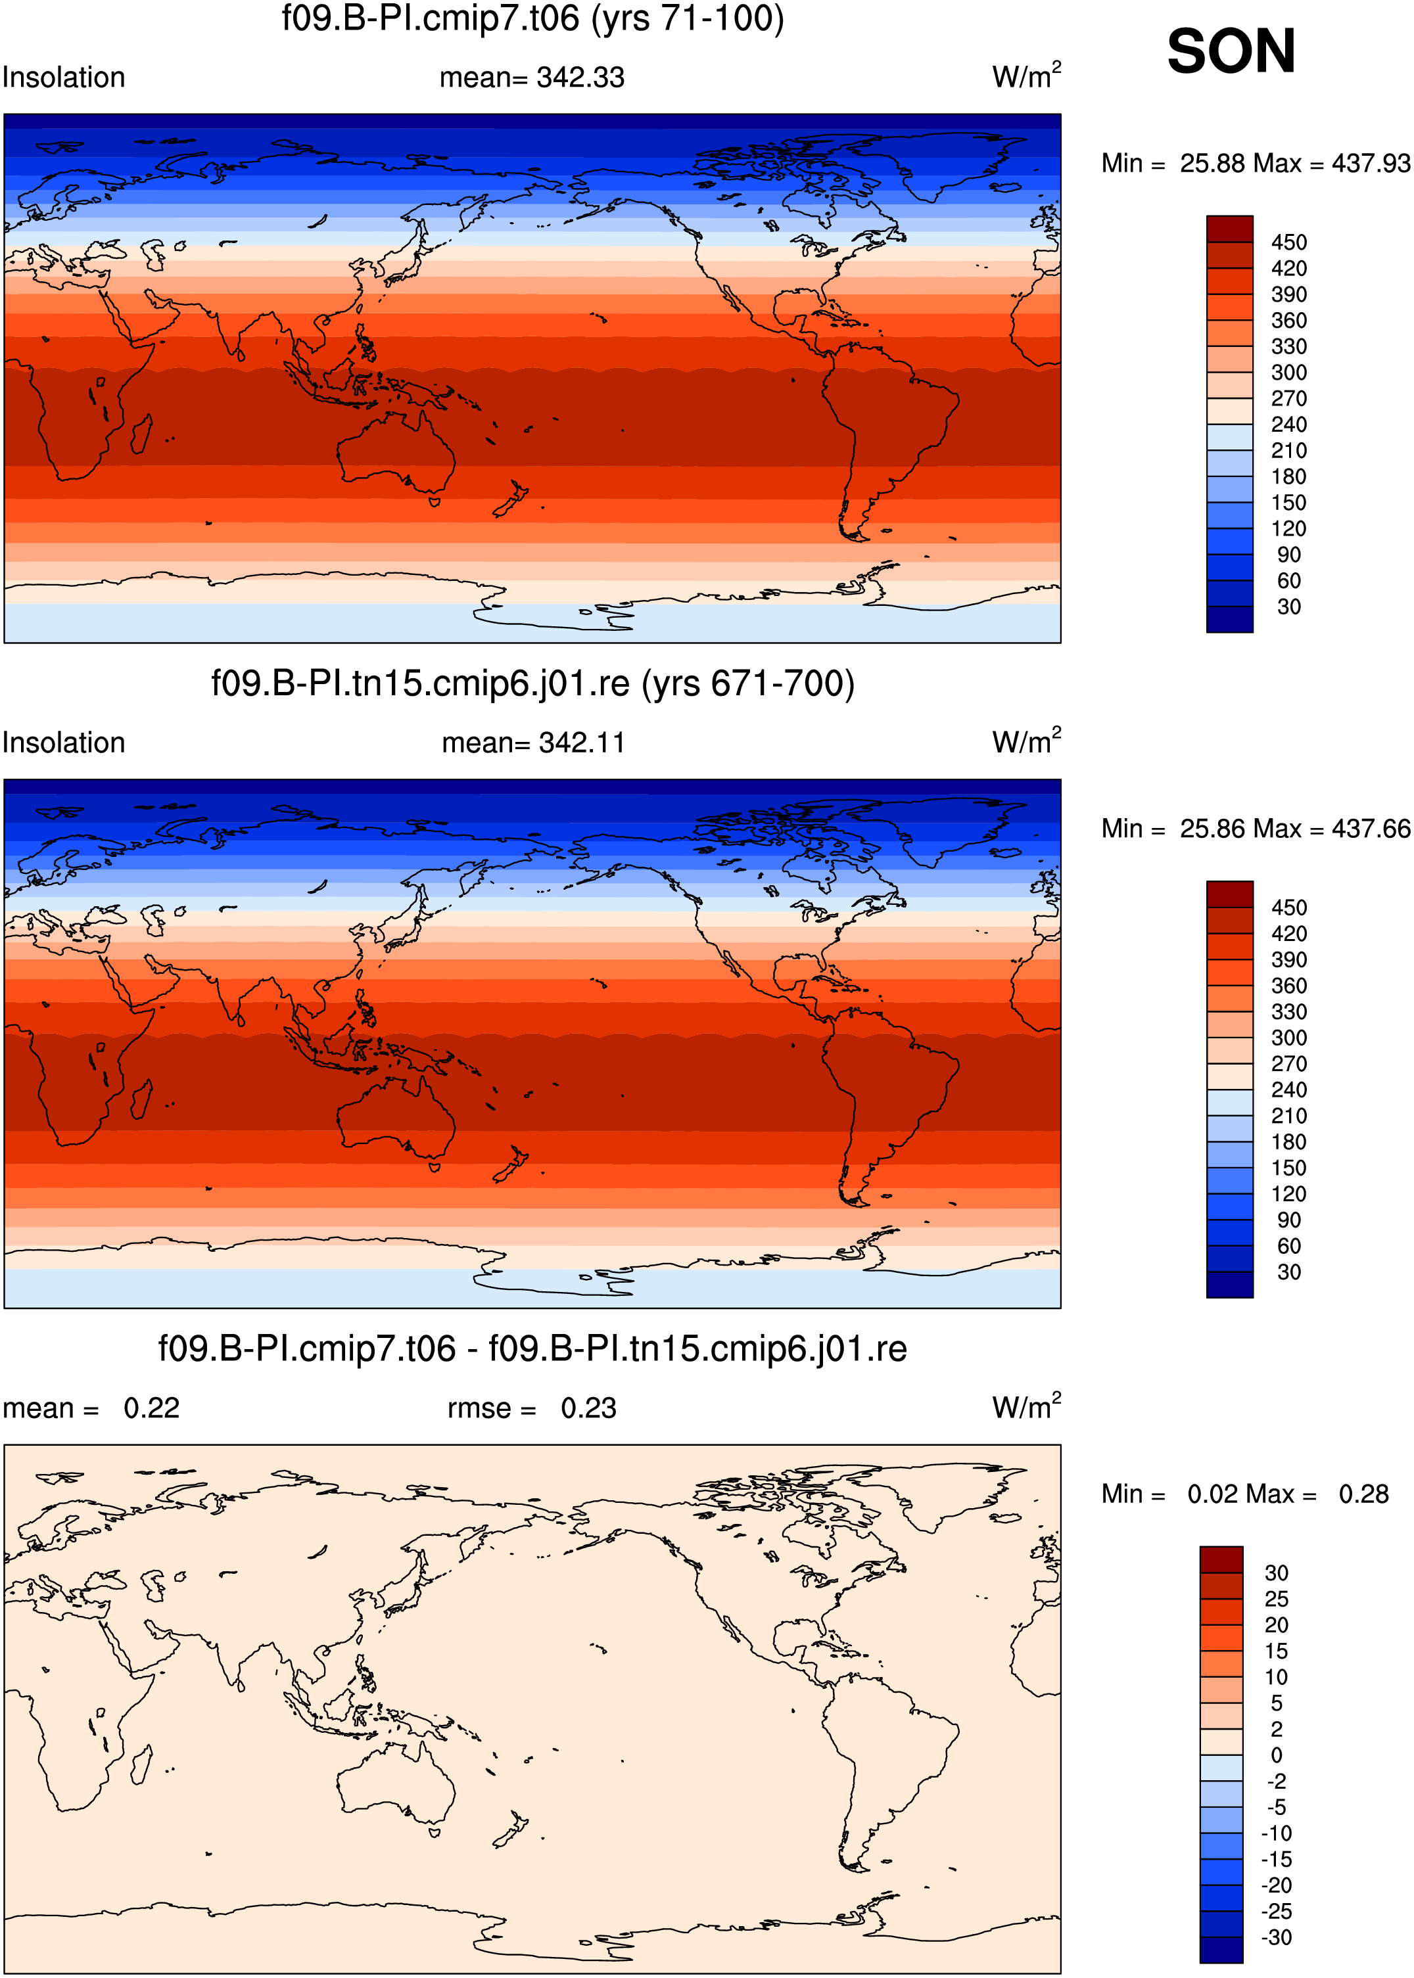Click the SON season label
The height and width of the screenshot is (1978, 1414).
tap(1231, 51)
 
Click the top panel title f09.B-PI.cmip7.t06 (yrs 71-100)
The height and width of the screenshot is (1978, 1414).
tap(533, 18)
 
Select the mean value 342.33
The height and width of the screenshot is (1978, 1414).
tap(580, 78)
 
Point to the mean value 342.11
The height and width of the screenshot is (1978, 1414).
tap(582, 743)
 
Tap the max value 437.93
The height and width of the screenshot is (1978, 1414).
tap(1371, 163)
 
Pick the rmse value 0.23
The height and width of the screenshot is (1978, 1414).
tap(588, 1408)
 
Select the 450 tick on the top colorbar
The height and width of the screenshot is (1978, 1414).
tap(1288, 242)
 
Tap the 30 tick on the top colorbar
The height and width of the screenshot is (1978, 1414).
tap(1288, 607)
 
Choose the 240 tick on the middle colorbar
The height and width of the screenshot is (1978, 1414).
tap(1288, 1090)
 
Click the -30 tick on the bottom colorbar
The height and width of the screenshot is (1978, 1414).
tap(1277, 1937)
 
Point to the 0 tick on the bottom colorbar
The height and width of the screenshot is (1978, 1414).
tap(1277, 1755)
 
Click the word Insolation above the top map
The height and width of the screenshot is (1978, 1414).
tap(64, 78)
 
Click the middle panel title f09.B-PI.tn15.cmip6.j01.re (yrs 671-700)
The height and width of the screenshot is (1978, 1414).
tap(533, 683)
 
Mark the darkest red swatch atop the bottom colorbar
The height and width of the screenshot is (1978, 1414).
tap(1221, 1560)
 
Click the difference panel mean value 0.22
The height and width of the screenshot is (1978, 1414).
tap(151, 1408)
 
